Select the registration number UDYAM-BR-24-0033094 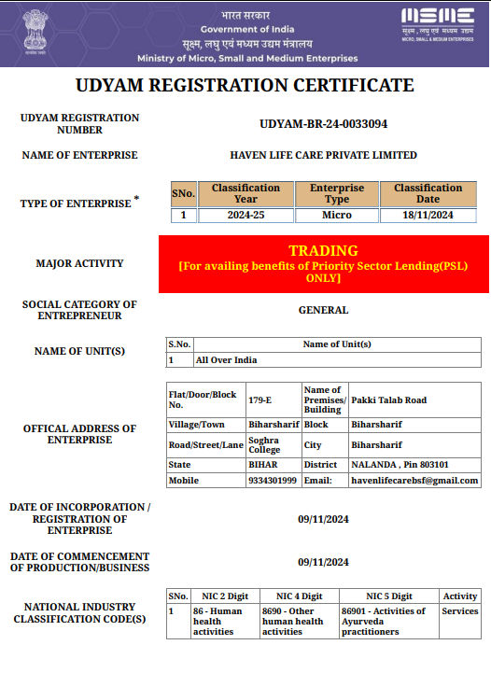[323, 123]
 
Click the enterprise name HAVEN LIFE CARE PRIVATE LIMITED [323, 155]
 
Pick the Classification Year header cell [245, 193]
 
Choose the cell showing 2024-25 [245, 215]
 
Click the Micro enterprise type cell [337, 215]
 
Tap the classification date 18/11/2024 [428, 215]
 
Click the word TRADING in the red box [323, 250]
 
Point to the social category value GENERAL [323, 310]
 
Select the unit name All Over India [226, 359]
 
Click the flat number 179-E [260, 400]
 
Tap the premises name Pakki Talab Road [388, 400]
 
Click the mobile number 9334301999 [273, 481]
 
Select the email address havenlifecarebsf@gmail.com [414, 481]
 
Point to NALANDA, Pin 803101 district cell [400, 464]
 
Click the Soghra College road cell [264, 444]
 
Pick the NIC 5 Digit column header [388, 596]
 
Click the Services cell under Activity [460, 611]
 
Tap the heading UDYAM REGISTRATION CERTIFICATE [245, 86]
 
